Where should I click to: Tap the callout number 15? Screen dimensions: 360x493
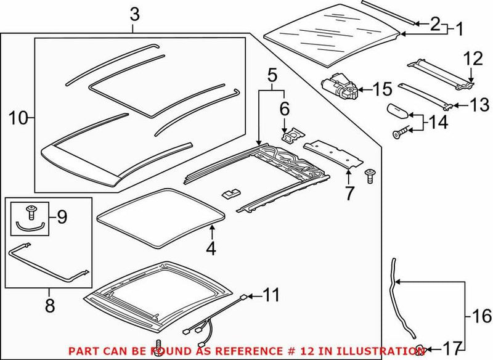click(x=381, y=90)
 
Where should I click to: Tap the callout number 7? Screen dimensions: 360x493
click(x=349, y=193)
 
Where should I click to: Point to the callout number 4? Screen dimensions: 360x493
click(x=211, y=249)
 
